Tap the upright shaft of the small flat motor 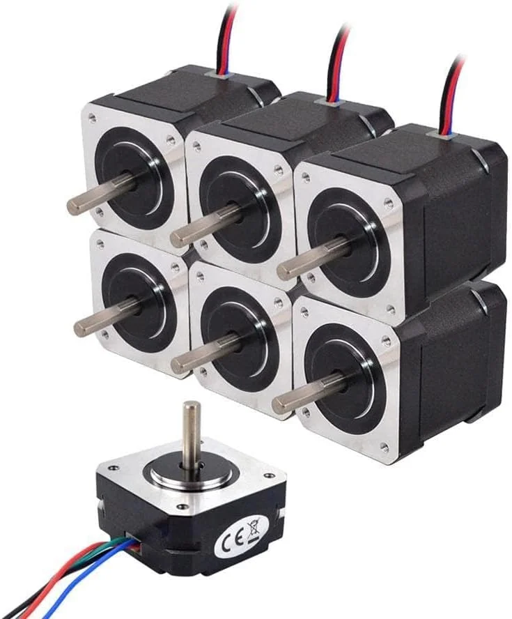[189, 433]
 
